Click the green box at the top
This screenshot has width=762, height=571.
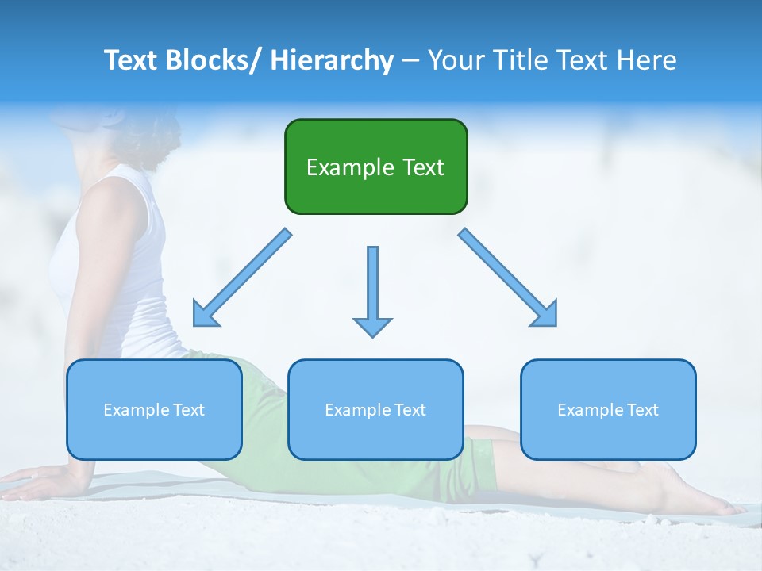375,167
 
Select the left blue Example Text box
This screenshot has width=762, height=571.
154,409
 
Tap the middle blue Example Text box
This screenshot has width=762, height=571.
375,409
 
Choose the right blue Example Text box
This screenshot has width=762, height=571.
608,409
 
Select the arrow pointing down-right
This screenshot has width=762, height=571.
508,278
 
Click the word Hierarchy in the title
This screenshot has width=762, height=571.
331,60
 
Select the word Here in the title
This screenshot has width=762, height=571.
647,60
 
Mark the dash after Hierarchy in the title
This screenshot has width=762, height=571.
410,61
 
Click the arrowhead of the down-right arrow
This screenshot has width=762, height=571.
546,316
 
